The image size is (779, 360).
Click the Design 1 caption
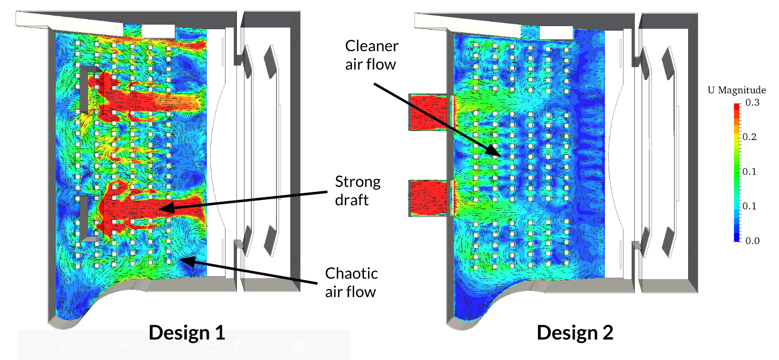[x=186, y=332]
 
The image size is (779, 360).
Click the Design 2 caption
[x=575, y=332]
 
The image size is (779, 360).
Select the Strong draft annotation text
[x=358, y=190]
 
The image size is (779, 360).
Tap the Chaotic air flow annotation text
[x=351, y=282]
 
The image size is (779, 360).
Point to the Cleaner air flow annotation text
[x=371, y=55]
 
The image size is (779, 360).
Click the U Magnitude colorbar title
[x=736, y=90]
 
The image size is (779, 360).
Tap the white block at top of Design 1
[x=158, y=31]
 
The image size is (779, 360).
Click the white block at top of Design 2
[x=556, y=32]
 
